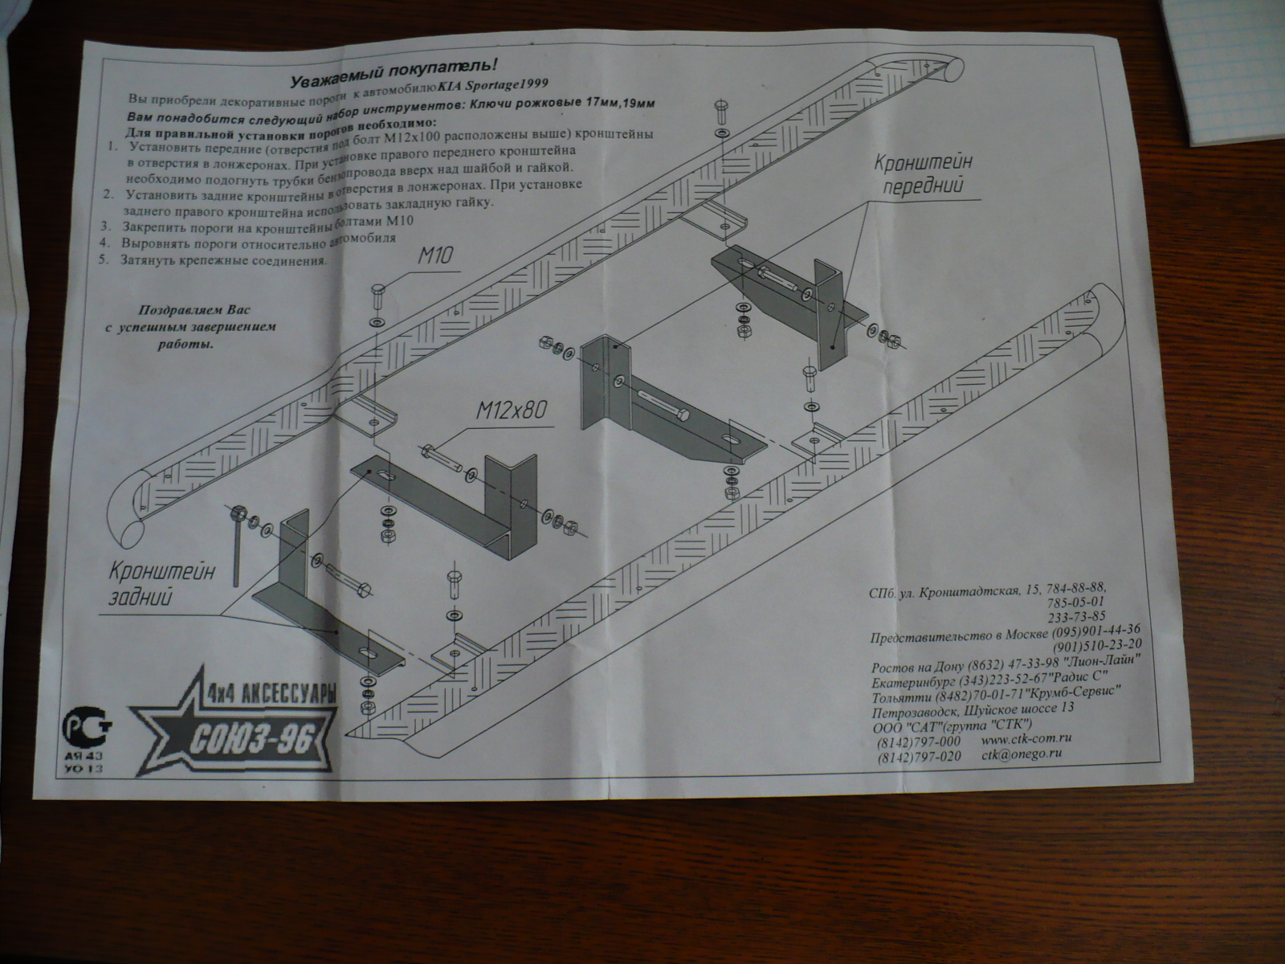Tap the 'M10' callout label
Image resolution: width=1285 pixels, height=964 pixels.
pyautogui.click(x=435, y=255)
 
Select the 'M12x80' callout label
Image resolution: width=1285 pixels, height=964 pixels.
pyautogui.click(x=511, y=410)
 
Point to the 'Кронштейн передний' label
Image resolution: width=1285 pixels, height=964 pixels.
pyautogui.click(x=924, y=174)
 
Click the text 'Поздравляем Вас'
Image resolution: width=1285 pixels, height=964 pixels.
pyautogui.click(x=194, y=310)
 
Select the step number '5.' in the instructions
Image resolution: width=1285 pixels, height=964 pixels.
pyautogui.click(x=104, y=259)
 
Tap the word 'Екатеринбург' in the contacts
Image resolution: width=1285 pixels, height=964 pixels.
pyautogui.click(x=913, y=683)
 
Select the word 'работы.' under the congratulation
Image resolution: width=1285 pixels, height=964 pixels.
pyautogui.click(x=185, y=344)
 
